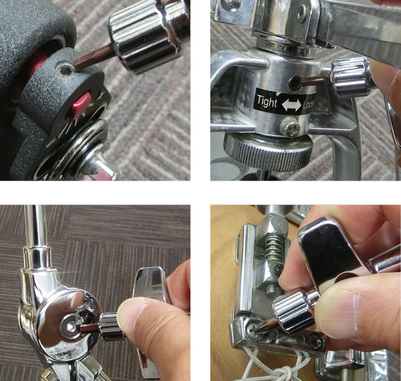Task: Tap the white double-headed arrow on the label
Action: pyautogui.click(x=291, y=105)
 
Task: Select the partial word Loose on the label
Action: pyautogui.click(x=309, y=105)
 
